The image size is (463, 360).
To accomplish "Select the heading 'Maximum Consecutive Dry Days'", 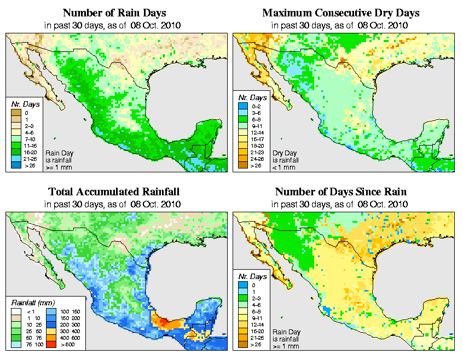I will point(341,13).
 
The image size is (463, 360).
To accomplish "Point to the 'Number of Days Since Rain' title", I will point(341,192).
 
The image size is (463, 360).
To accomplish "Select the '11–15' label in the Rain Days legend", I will point(30,146).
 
